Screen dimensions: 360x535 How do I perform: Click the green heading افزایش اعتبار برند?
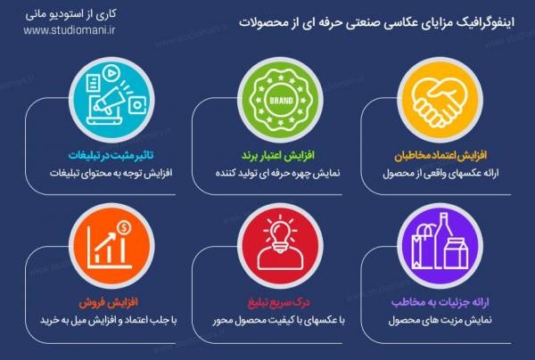pyautogui.click(x=275, y=155)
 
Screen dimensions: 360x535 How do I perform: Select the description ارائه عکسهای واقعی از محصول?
pyautogui.click(x=438, y=173)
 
